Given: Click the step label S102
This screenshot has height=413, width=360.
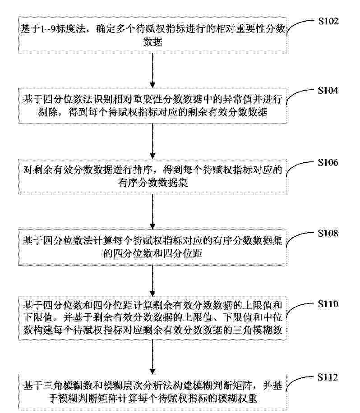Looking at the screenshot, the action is point(328,21).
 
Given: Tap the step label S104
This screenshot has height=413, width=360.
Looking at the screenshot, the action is point(328,90).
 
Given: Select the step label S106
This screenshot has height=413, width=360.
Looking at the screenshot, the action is point(328,162).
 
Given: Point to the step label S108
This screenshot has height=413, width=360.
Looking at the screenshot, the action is point(328,233).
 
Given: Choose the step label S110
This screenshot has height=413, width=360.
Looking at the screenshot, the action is point(328,304).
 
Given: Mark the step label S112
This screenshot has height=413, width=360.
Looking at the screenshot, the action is point(328,377).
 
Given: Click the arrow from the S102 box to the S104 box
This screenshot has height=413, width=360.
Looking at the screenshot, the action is point(152,70).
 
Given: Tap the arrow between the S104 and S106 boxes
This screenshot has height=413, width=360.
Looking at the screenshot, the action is point(152,141).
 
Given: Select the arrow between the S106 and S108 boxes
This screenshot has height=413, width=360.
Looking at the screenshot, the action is point(152,212).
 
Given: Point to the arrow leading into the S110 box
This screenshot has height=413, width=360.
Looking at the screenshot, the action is point(152,281).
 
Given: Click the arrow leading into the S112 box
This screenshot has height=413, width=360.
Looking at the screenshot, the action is point(152,357).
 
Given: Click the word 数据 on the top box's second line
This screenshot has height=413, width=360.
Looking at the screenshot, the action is point(152,42).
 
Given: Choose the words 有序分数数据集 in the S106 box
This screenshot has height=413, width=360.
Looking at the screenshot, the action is point(152,183).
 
